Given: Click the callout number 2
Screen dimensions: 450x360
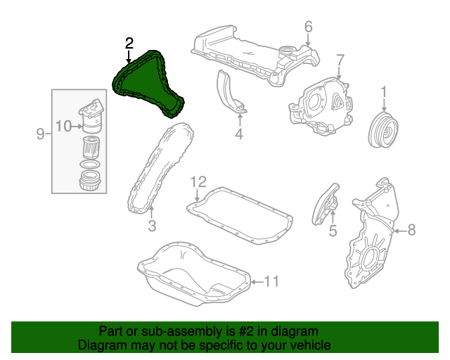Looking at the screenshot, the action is [x=129, y=44].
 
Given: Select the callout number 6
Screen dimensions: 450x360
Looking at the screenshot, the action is [x=308, y=27].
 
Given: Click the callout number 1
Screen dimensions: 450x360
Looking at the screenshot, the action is [x=384, y=91].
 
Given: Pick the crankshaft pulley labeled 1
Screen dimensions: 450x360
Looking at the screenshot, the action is [x=384, y=129].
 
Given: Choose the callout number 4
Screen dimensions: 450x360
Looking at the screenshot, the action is [x=239, y=134].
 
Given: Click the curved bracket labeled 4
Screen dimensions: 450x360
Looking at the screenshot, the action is [x=231, y=91].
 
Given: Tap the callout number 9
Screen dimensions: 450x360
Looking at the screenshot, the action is [x=40, y=133].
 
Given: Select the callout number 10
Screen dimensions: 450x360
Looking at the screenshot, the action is [x=63, y=127].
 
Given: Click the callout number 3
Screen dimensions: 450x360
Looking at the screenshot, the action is [x=151, y=226].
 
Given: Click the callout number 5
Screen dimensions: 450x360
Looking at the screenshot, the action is [x=333, y=229].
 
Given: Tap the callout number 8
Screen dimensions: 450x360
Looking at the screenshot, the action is [x=411, y=229].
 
